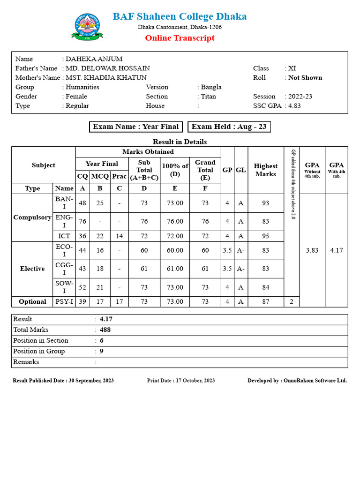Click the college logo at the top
(x=87, y=27)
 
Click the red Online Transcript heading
(x=180, y=38)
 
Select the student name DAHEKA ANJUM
(x=94, y=59)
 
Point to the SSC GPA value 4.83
(x=294, y=106)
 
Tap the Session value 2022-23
(x=300, y=97)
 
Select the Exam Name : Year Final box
(x=136, y=127)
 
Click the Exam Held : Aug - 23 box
(x=229, y=127)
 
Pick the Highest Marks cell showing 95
(x=266, y=236)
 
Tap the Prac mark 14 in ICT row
(x=119, y=236)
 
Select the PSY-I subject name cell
(x=64, y=302)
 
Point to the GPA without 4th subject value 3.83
(x=312, y=251)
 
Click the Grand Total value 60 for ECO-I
(x=205, y=251)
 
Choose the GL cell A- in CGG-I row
(x=241, y=269)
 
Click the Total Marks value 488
(x=105, y=330)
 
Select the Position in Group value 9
(x=102, y=352)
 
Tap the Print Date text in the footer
(x=181, y=381)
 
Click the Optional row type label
(x=32, y=302)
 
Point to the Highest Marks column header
(x=266, y=170)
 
